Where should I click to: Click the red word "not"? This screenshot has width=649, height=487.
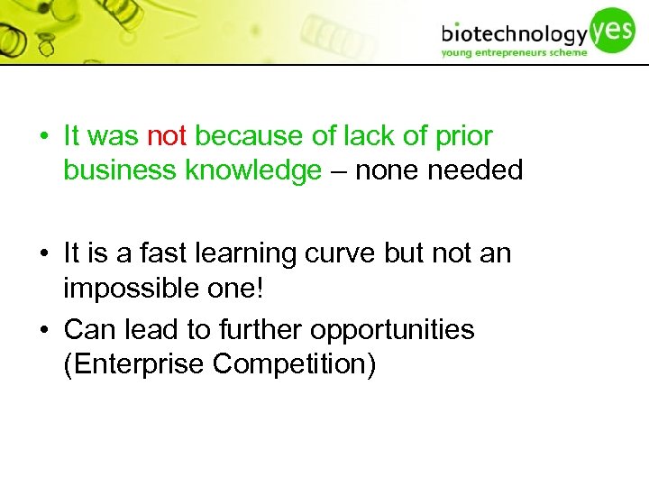point(166,137)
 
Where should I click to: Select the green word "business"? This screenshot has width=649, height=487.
point(120,170)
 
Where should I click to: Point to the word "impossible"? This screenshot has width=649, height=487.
point(131,288)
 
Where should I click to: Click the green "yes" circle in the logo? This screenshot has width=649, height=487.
point(613,28)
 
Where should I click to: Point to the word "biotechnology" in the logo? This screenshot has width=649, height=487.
point(514,35)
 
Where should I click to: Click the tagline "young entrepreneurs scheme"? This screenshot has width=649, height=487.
point(514,52)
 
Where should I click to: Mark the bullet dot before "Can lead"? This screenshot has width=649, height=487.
point(44,330)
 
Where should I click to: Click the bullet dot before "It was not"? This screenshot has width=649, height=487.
point(44,137)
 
